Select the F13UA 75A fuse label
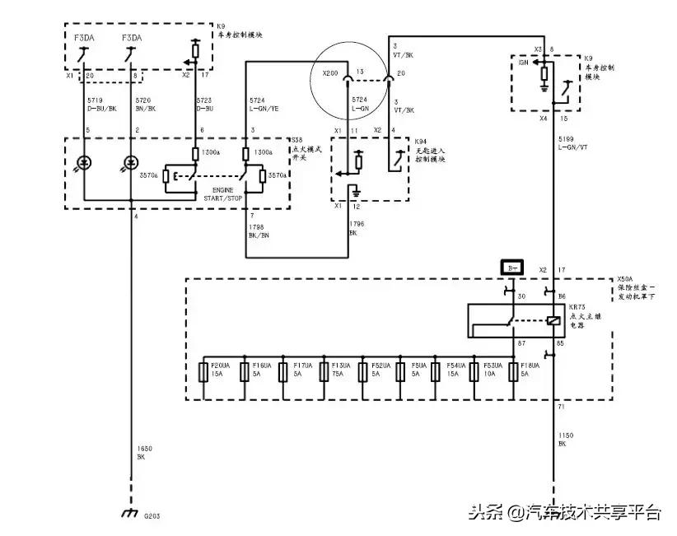coord(339,368)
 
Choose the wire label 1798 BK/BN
coord(259,232)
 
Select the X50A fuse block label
coord(639,288)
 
